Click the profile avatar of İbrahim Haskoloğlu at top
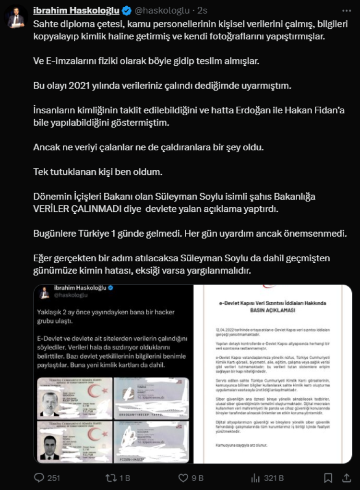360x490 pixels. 16,17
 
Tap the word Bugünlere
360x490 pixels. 55,234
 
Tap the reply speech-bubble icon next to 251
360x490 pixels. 39,478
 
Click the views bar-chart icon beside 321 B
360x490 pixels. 255,478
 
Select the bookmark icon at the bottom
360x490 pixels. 328,478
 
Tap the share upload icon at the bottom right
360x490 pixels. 347,478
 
